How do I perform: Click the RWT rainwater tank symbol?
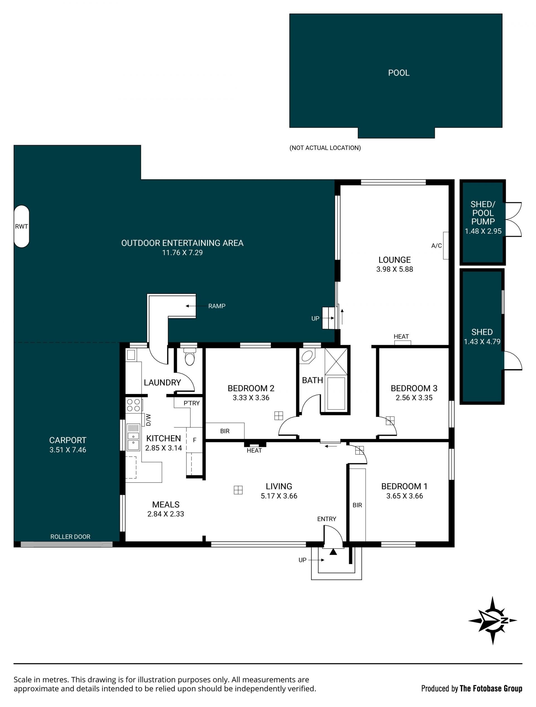(x=22, y=226)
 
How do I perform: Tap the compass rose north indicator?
(x=492, y=620)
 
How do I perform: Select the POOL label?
(x=399, y=73)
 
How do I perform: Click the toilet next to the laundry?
(x=190, y=357)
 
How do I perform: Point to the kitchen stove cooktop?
(x=134, y=405)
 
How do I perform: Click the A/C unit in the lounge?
(x=446, y=245)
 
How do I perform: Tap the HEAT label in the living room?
(x=254, y=450)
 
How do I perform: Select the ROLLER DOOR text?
(x=70, y=537)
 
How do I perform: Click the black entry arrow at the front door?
(x=333, y=552)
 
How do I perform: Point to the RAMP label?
(x=217, y=306)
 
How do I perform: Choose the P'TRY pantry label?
(x=192, y=403)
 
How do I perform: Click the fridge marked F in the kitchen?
(x=194, y=440)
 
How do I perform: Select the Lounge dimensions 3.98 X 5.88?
(x=394, y=269)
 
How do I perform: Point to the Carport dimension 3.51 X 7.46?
(x=68, y=450)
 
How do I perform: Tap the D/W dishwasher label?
(x=148, y=420)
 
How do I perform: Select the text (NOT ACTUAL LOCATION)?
(x=325, y=148)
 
